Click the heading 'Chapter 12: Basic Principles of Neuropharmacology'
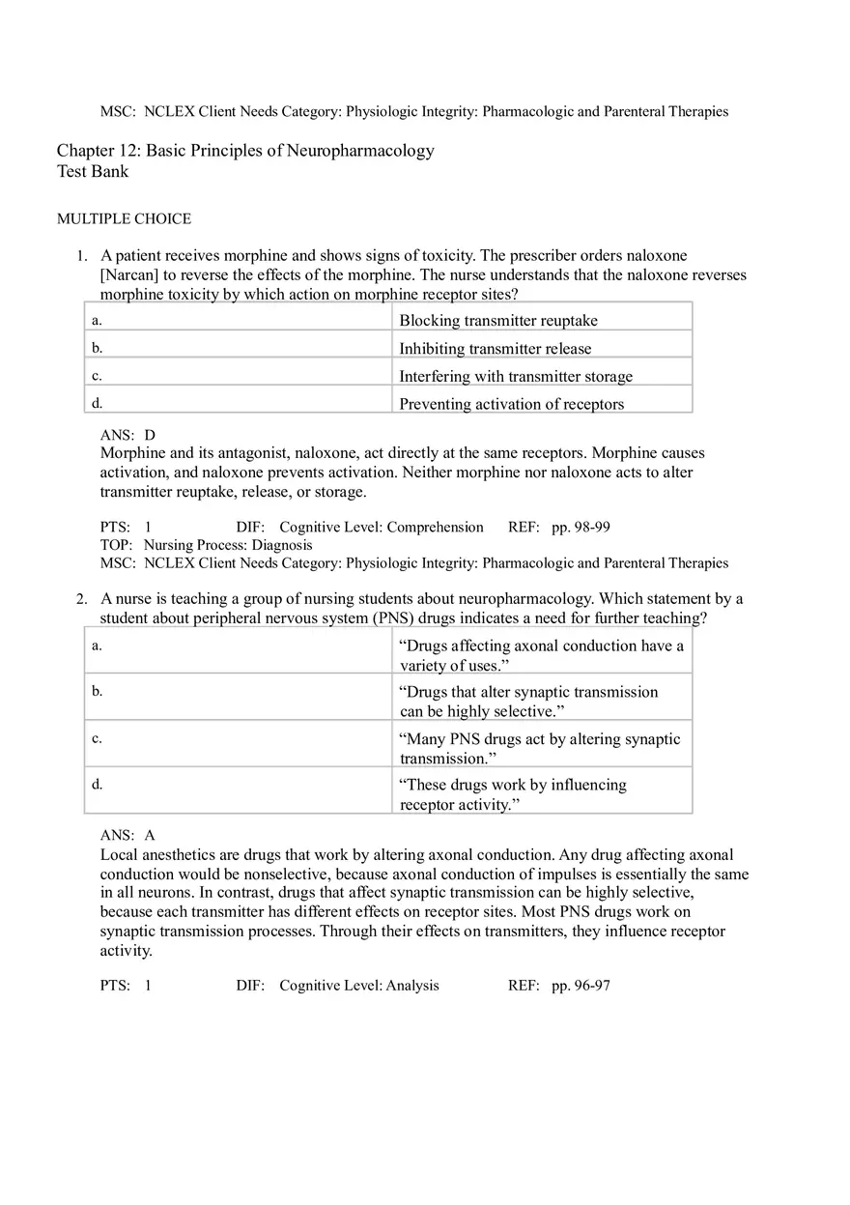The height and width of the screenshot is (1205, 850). point(245,151)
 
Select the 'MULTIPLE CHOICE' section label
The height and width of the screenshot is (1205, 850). point(124,219)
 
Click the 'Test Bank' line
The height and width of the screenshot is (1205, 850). point(93,172)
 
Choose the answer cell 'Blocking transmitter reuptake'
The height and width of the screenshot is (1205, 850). point(498,321)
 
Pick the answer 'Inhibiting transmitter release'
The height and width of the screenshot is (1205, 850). point(496,349)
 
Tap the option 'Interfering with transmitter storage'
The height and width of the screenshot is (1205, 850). point(516,377)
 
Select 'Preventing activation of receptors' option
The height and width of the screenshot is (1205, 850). point(512,404)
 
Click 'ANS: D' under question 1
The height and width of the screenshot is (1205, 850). point(127,436)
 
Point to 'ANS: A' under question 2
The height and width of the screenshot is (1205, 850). point(127,835)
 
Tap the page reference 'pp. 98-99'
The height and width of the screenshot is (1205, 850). point(581,528)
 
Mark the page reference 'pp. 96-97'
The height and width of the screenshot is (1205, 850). point(581,986)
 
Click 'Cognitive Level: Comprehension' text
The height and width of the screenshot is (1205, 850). point(382,528)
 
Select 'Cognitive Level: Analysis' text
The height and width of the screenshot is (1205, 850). point(359,986)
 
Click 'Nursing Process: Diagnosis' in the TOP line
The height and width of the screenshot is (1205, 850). point(228,545)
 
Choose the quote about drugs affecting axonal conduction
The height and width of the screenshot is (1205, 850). point(542,655)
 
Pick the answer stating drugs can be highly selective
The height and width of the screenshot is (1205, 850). point(529,702)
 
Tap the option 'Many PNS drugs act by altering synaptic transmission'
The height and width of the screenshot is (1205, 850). point(540,748)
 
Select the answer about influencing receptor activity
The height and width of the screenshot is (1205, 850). point(513,794)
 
